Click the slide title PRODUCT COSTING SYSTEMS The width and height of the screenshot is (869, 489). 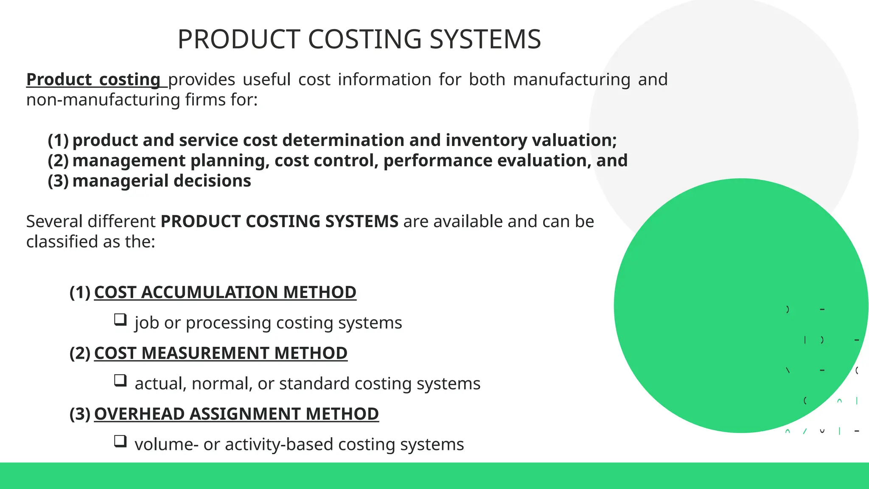[359, 39]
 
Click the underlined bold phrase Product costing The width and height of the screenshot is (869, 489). [93, 80]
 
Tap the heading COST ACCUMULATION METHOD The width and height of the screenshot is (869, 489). [225, 292]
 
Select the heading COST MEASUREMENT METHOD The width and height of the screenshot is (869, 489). [221, 353]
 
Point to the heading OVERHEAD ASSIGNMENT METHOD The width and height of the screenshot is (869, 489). [236, 414]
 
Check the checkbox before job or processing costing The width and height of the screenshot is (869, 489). [120, 319]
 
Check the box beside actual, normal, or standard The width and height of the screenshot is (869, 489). [120, 380]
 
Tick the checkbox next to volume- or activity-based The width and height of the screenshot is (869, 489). [120, 441]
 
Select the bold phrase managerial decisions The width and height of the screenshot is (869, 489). [162, 181]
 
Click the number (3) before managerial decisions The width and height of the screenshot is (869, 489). [58, 181]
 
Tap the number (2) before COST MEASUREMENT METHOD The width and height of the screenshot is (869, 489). [80, 353]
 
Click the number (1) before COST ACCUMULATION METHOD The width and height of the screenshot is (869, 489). [80, 292]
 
